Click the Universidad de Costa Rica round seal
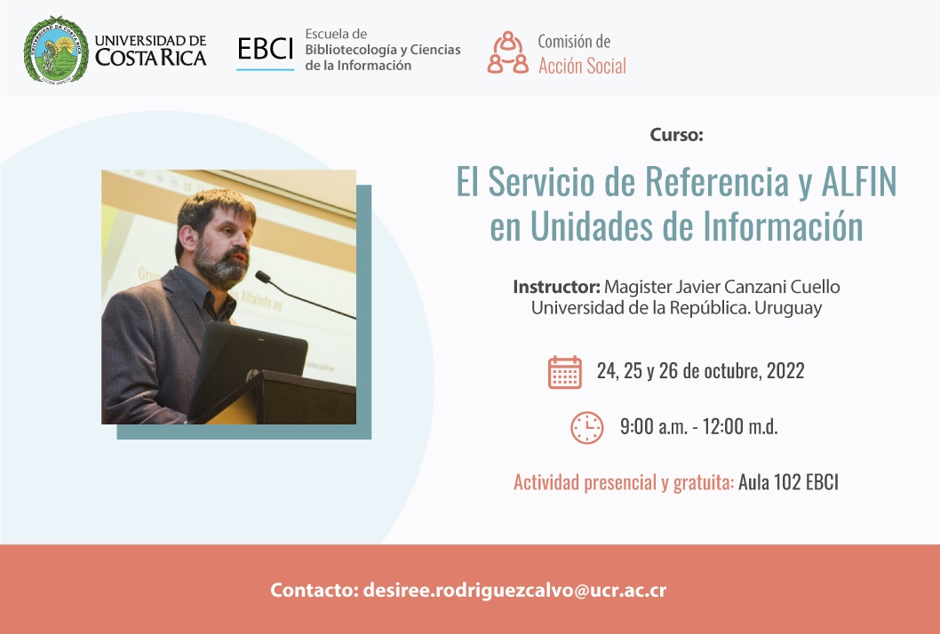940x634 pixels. [x=55, y=49]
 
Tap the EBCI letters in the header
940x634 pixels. [x=265, y=51]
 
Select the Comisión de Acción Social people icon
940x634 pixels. [x=507, y=52]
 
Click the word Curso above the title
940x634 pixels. [x=676, y=135]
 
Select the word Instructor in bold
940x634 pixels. [x=556, y=287]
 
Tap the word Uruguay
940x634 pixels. [x=790, y=308]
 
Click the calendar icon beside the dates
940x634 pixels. [x=565, y=372]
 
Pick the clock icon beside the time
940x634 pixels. [x=586, y=427]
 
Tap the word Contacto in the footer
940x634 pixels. [x=314, y=590]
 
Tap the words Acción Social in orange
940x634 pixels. [x=582, y=65]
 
